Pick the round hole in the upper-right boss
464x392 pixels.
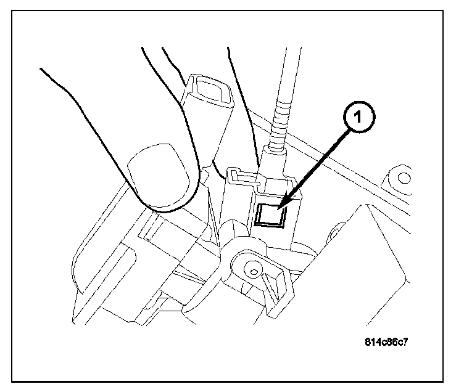point(404,179)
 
